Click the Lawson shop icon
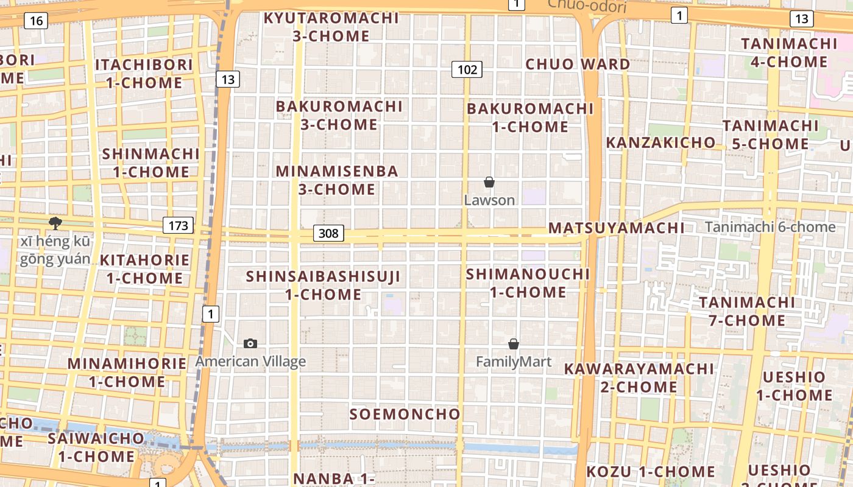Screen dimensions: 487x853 (x=489, y=182)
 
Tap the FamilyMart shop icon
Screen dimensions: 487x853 (x=514, y=344)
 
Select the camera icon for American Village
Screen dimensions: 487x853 (x=250, y=344)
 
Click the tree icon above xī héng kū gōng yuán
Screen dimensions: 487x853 (x=55, y=223)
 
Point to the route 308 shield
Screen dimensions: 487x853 (x=329, y=233)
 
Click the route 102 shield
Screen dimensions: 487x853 (x=467, y=69)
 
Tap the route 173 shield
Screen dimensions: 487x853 (x=178, y=226)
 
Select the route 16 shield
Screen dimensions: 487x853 (x=36, y=21)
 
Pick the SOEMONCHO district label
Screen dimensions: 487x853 (x=405, y=415)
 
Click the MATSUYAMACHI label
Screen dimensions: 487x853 (x=617, y=228)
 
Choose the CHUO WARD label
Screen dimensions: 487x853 (x=578, y=65)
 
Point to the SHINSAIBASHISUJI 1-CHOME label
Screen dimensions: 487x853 (x=323, y=286)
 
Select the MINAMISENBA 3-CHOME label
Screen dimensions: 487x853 (x=337, y=180)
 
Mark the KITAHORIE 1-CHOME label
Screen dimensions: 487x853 (x=144, y=269)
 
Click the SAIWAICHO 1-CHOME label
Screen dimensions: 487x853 (x=96, y=447)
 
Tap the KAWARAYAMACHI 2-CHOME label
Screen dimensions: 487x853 (x=639, y=378)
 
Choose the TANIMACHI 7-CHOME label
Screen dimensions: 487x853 (x=747, y=311)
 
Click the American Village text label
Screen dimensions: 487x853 (x=250, y=362)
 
